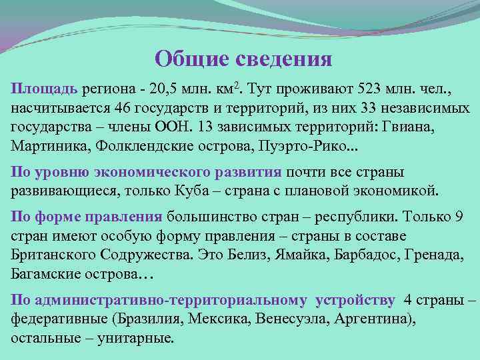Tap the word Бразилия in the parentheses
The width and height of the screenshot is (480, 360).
(x=150, y=319)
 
